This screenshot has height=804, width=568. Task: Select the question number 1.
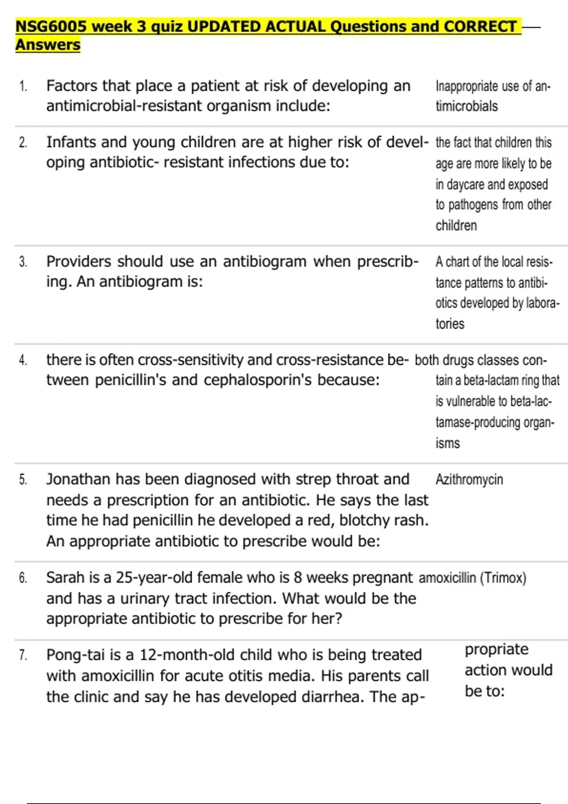[x=23, y=86]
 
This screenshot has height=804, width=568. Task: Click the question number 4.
[x=23, y=360]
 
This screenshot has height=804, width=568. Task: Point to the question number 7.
[x=23, y=655]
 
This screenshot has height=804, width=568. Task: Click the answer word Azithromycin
[x=469, y=480]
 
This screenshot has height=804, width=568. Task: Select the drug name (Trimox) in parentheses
[x=503, y=578]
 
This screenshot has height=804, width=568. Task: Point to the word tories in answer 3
[x=450, y=324]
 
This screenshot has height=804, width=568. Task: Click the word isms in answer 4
[x=447, y=443]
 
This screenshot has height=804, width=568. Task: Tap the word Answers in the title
[x=48, y=45]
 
